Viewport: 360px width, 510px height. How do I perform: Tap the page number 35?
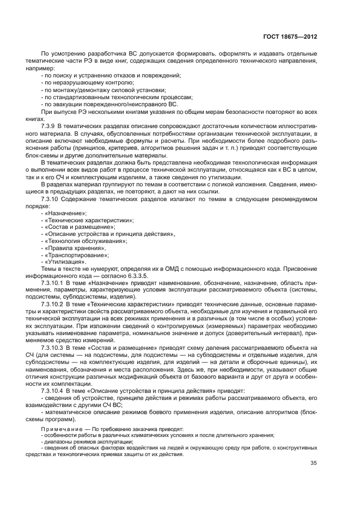(313, 464)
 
